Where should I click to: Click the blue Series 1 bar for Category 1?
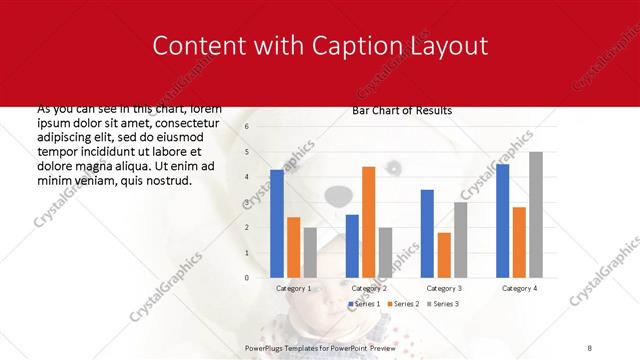277,223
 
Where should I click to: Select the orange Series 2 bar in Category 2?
368,222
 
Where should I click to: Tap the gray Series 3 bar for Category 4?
535,214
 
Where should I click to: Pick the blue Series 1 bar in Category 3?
427,233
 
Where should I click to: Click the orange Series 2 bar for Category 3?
443,255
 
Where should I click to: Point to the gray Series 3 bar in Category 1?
310,252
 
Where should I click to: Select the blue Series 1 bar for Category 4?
502,220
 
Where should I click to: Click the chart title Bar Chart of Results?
402,110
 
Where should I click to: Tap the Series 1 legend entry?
364,303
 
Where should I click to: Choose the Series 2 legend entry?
402,303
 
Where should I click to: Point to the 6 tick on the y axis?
246,127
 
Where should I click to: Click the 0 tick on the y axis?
246,278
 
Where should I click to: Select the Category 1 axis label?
293,288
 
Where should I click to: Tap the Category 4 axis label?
518,288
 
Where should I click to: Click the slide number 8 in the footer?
590,346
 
